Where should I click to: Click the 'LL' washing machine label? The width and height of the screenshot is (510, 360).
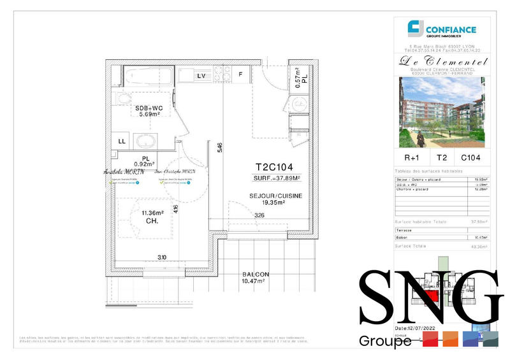pyautogui.click(x=121, y=141)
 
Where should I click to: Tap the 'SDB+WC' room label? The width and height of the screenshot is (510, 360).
pyautogui.click(x=149, y=108)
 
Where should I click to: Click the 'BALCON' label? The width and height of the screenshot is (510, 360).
pyautogui.click(x=255, y=274)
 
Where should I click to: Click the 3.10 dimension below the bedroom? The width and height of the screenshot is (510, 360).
pyautogui.click(x=163, y=257)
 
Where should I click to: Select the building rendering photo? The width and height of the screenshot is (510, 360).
pyautogui.click(x=441, y=112)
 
